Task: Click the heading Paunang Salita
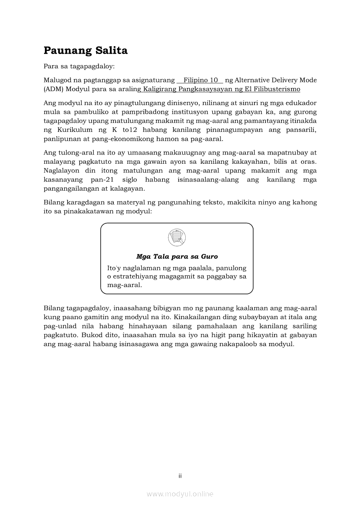(x=85, y=51)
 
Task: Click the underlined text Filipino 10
(x=200, y=80)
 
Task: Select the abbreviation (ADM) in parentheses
(x=54, y=89)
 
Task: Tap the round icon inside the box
(x=177, y=237)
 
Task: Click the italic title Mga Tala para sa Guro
(x=177, y=256)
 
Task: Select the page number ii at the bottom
(x=180, y=475)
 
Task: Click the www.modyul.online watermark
(x=180, y=494)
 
